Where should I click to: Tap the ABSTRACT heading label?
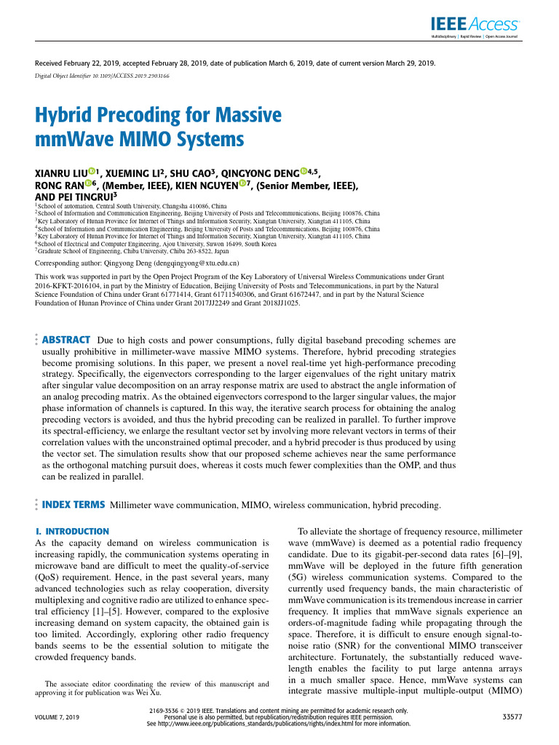coord(66,340)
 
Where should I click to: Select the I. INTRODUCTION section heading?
coord(72,532)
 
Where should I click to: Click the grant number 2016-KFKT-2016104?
coord(69,287)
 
